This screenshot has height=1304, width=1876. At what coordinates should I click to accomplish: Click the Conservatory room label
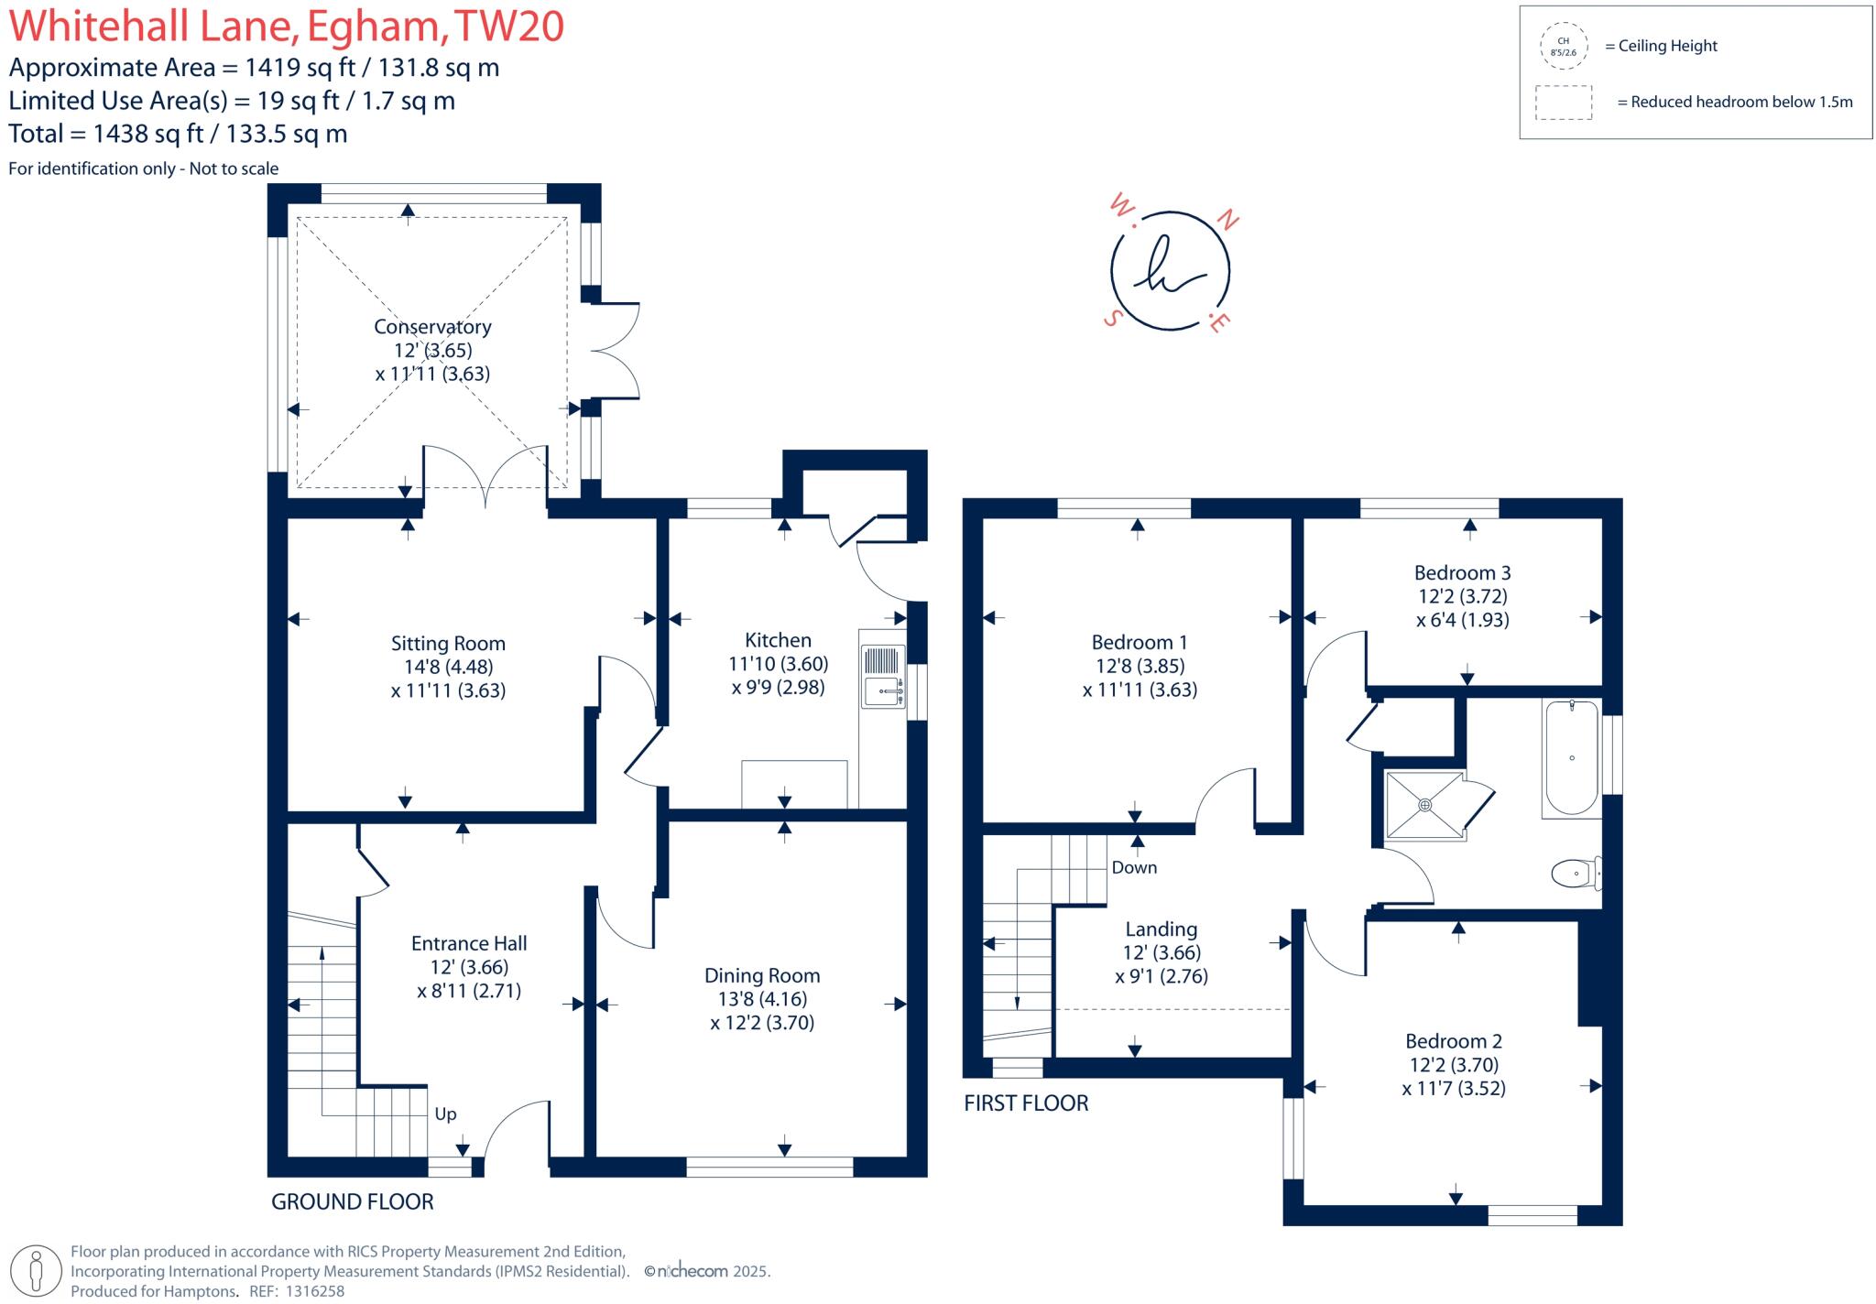click(432, 327)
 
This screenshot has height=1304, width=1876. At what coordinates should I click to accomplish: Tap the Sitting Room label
click(448, 644)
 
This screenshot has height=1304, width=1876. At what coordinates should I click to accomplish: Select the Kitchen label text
click(778, 640)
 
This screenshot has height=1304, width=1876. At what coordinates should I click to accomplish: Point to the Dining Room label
click(762, 975)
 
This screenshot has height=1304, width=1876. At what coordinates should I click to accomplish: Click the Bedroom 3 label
click(1462, 572)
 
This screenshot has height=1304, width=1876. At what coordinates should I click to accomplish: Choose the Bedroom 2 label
click(1454, 1041)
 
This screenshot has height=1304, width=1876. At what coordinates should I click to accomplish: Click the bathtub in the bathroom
click(1572, 758)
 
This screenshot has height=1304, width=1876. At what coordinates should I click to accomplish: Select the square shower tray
click(1424, 805)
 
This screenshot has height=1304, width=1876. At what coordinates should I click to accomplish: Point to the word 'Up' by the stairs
click(445, 1114)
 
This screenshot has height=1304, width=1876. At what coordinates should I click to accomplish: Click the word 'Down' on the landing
click(1134, 867)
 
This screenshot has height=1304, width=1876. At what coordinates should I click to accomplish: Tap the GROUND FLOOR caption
click(353, 1201)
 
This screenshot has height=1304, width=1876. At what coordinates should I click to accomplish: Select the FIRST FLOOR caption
click(1026, 1103)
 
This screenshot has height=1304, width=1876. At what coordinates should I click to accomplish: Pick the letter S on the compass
click(1114, 318)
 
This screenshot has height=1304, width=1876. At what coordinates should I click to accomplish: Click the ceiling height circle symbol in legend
click(1564, 47)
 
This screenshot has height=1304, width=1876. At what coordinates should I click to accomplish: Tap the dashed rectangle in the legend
click(1564, 103)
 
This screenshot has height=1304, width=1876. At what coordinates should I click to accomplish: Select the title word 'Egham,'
click(376, 26)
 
